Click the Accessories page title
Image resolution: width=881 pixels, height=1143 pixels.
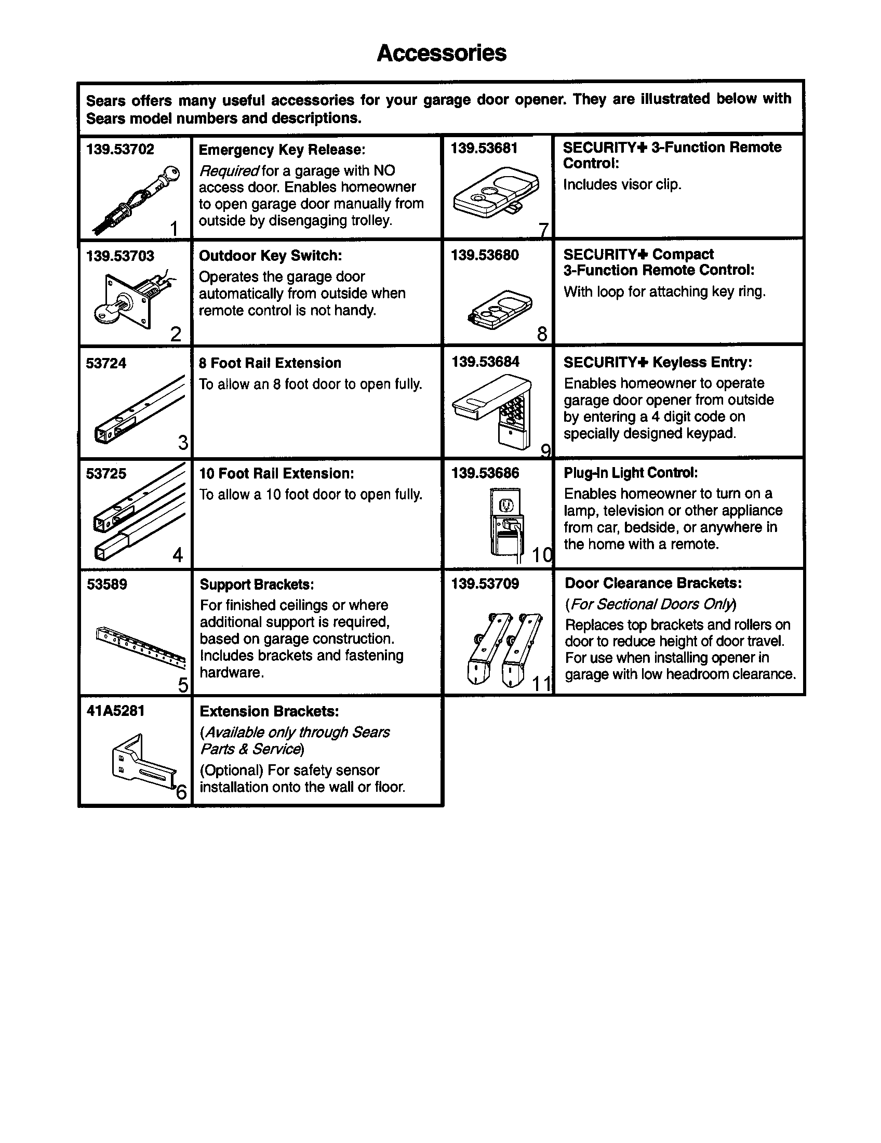coord(441,53)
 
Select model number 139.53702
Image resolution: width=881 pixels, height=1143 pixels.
coord(120,149)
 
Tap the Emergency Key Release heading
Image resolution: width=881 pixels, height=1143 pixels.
coord(282,150)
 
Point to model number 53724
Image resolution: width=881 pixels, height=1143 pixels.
coord(105,363)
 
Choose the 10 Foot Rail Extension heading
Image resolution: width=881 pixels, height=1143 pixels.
coord(276,474)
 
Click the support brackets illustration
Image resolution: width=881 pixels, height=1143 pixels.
coord(141,648)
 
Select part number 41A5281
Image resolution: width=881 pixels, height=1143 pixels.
coord(115,711)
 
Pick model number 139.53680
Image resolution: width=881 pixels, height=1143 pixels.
coord(485,256)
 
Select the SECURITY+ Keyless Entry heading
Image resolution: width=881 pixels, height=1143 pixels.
coord(658,362)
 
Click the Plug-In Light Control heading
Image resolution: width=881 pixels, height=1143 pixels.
coord(631,473)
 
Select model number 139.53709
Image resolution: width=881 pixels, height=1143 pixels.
coord(485,583)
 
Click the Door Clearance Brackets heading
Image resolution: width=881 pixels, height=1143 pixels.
coord(653,583)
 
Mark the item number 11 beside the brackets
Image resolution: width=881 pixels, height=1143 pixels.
coord(541,684)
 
